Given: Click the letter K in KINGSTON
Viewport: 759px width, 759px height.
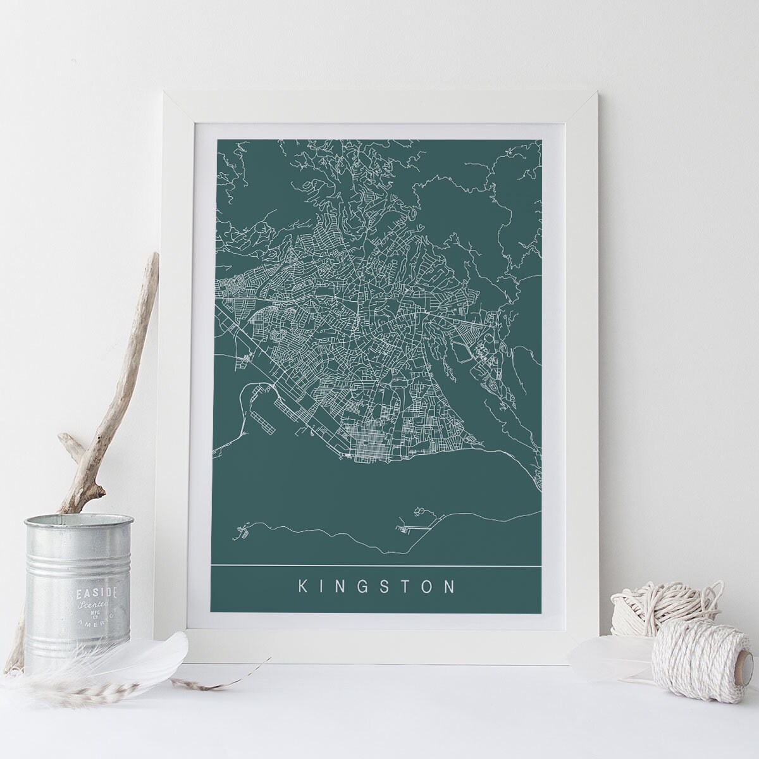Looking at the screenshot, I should pos(302,586).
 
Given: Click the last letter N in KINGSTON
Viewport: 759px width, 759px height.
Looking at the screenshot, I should pos(450,586).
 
